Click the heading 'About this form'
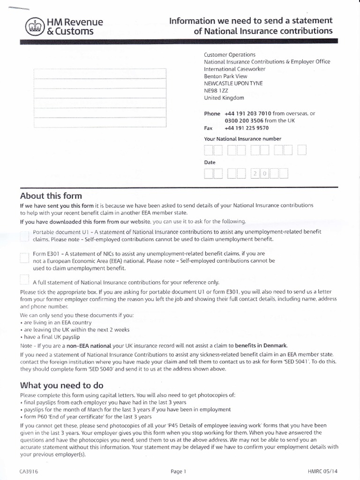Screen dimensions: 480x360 [51, 196]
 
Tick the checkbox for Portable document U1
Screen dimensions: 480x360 [25, 236]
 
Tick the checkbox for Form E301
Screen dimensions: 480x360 [25, 257]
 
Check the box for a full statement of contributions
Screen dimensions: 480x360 [25, 280]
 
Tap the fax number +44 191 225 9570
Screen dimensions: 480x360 [247, 128]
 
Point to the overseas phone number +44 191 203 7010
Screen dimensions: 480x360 [248, 113]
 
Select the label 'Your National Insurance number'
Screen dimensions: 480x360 [242, 139]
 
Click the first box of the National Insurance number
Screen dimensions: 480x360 [209, 150]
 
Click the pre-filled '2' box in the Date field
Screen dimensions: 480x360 [255, 174]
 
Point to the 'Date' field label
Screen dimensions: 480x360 [210, 162]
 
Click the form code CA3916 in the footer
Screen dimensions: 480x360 [29, 472]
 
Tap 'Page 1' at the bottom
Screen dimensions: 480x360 [179, 472]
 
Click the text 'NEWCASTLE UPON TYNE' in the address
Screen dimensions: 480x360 [233, 83]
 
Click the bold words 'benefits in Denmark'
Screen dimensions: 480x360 [261, 345]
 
